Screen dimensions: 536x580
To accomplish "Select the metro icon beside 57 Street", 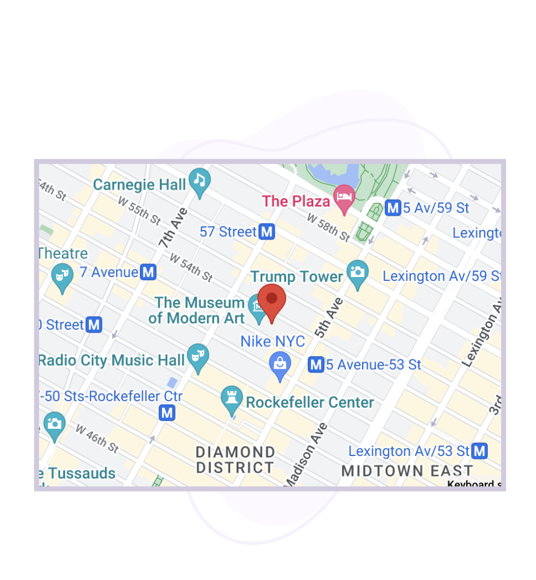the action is [x=267, y=232].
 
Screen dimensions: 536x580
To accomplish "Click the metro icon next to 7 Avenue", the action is [x=148, y=272].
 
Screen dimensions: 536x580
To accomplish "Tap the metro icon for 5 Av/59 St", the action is [x=392, y=208].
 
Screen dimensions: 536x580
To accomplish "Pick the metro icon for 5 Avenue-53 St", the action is [x=316, y=365].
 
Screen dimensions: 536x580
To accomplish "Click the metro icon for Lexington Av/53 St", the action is [x=480, y=451].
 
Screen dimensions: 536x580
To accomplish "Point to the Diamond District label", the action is [x=235, y=460].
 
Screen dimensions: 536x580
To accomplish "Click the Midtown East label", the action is [x=407, y=471].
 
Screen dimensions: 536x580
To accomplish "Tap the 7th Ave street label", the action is [x=173, y=227].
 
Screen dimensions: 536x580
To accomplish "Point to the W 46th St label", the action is [x=97, y=439].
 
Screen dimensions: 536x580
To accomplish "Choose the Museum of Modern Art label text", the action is [x=197, y=310].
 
